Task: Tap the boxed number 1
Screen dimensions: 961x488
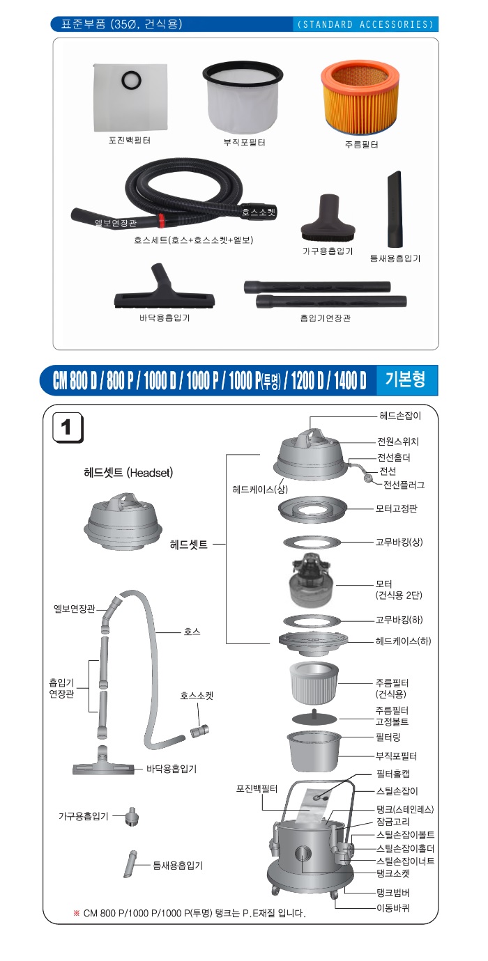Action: (68, 428)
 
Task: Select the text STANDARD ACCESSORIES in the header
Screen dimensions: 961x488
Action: (365, 24)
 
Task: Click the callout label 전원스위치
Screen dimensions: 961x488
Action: (398, 442)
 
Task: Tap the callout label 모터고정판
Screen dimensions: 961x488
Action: (397, 509)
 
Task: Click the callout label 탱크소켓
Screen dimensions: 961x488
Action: (392, 873)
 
